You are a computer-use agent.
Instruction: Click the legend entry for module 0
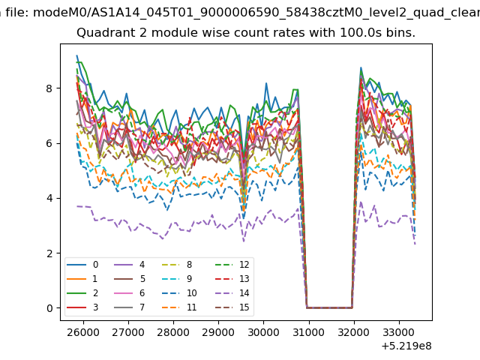[x=82, y=265]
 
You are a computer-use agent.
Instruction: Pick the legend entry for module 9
[x=177, y=279]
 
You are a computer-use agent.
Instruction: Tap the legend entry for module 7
[x=130, y=307]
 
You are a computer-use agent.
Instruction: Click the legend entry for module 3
[x=82, y=307]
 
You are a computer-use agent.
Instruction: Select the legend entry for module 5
[x=130, y=279]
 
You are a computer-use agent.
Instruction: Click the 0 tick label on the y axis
[x=49, y=308]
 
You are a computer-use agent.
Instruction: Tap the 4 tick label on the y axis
[x=49, y=198]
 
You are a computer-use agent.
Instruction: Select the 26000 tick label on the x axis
[x=83, y=332]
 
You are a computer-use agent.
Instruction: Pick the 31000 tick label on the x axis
[x=309, y=332]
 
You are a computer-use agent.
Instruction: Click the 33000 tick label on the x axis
[x=399, y=332]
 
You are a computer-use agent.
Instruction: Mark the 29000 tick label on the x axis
[x=218, y=332]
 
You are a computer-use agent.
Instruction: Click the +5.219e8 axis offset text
[x=406, y=346]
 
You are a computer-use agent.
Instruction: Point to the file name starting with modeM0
[x=256, y=13]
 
